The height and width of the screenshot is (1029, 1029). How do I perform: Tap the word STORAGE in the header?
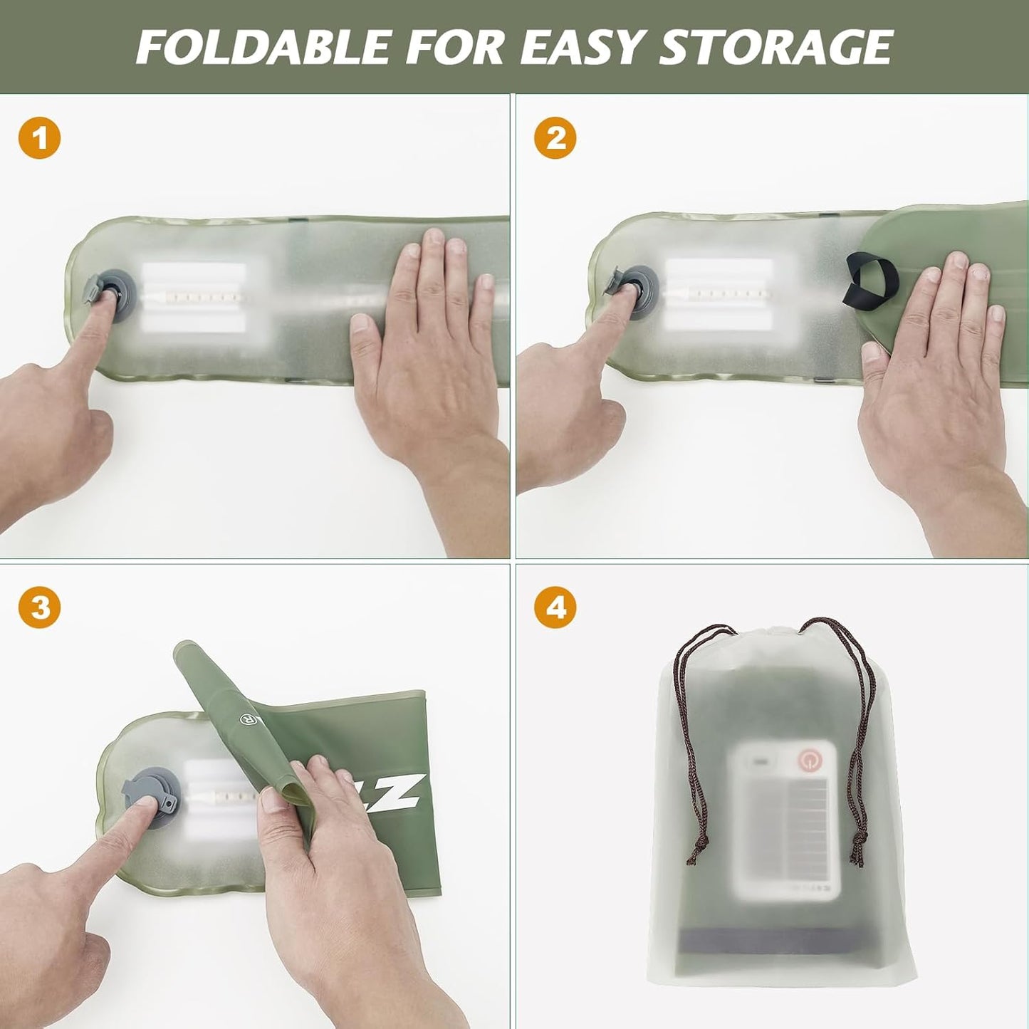[x=775, y=46]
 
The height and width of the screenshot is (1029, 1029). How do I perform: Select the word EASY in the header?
[x=584, y=46]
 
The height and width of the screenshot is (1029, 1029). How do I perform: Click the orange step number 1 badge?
[x=40, y=137]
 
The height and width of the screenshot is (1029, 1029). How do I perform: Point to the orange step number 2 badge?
[x=555, y=137]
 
